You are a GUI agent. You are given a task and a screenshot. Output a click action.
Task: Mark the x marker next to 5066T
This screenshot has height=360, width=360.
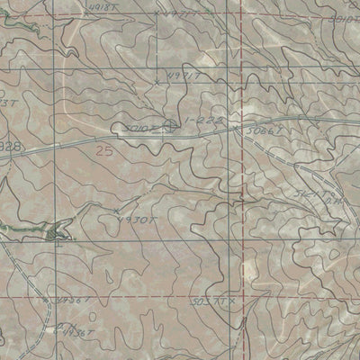point(238,128)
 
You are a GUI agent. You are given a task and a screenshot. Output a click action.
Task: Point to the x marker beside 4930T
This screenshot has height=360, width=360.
point(117,212)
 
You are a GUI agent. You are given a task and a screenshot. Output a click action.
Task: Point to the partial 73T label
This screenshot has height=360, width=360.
point(7,104)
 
